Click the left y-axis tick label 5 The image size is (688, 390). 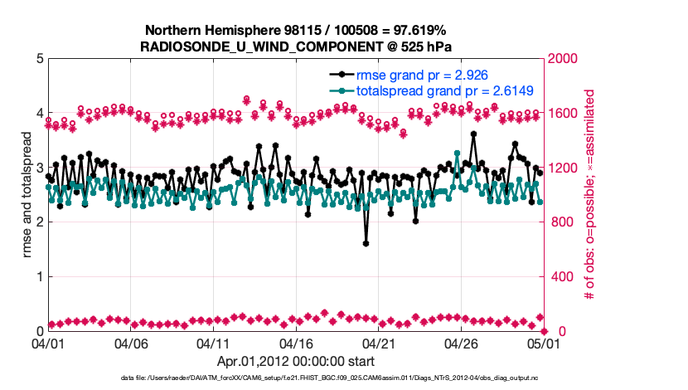(39, 59)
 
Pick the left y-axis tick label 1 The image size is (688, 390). (39, 276)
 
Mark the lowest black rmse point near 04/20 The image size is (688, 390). (366, 243)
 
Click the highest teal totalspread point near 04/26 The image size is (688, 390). (458, 153)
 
